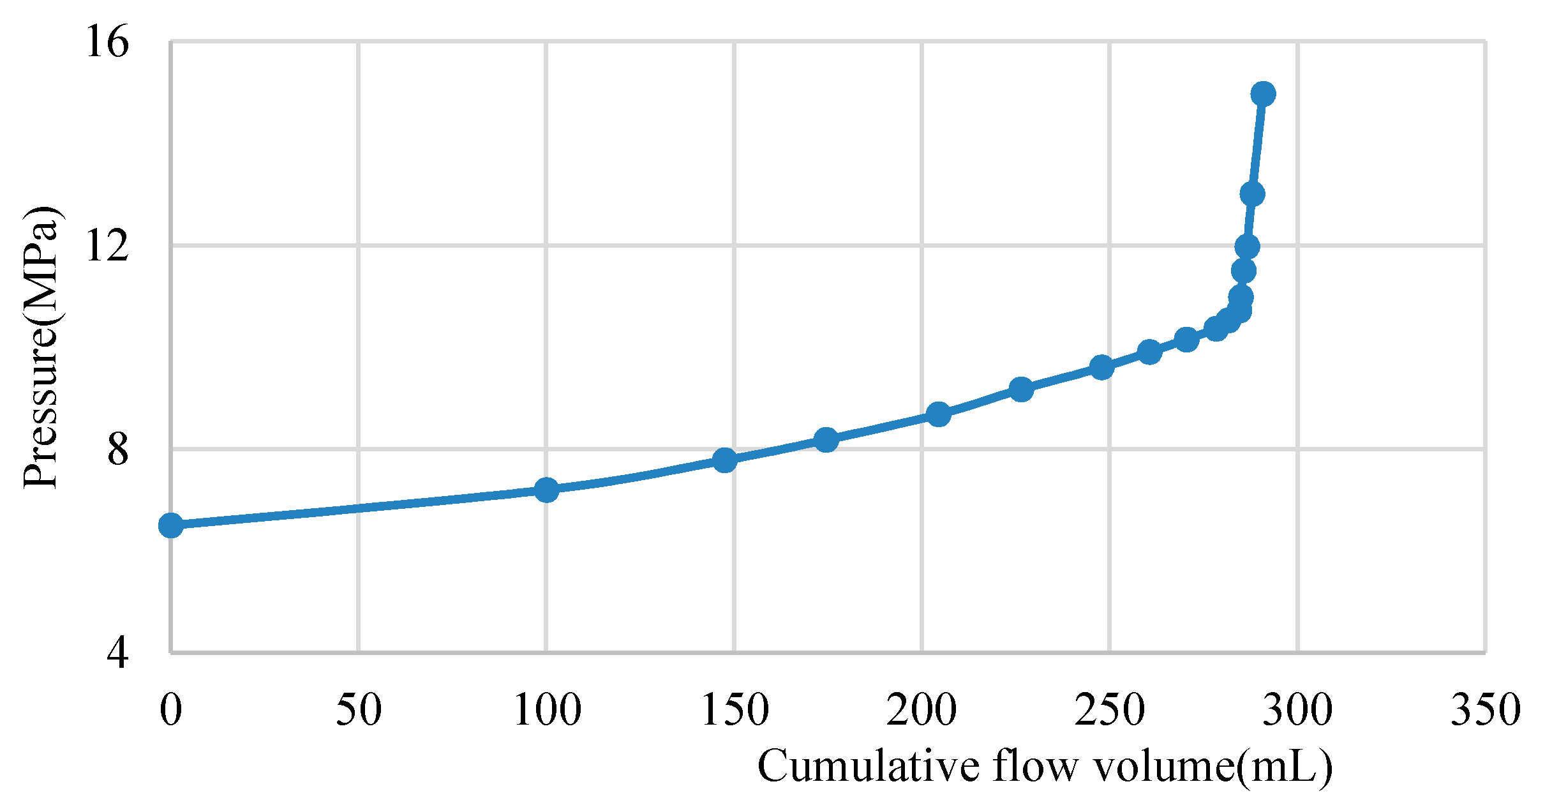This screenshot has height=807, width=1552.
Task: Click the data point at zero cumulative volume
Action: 171,525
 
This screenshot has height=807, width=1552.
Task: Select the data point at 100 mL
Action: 546,490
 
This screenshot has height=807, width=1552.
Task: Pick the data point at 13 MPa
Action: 1253,194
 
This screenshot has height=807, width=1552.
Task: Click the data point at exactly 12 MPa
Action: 1247,246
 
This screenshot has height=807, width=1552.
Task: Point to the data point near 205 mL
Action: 938,414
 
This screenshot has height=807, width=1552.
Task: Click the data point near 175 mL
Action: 826,439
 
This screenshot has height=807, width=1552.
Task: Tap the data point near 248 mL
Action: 1102,367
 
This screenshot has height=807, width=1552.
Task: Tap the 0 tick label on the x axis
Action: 171,709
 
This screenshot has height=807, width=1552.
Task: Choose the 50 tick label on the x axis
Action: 359,709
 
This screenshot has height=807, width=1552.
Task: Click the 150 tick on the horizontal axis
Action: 735,709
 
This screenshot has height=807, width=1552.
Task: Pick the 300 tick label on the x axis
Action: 1298,709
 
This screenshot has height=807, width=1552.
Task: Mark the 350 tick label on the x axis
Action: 1486,709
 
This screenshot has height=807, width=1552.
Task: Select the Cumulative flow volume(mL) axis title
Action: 1045,766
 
